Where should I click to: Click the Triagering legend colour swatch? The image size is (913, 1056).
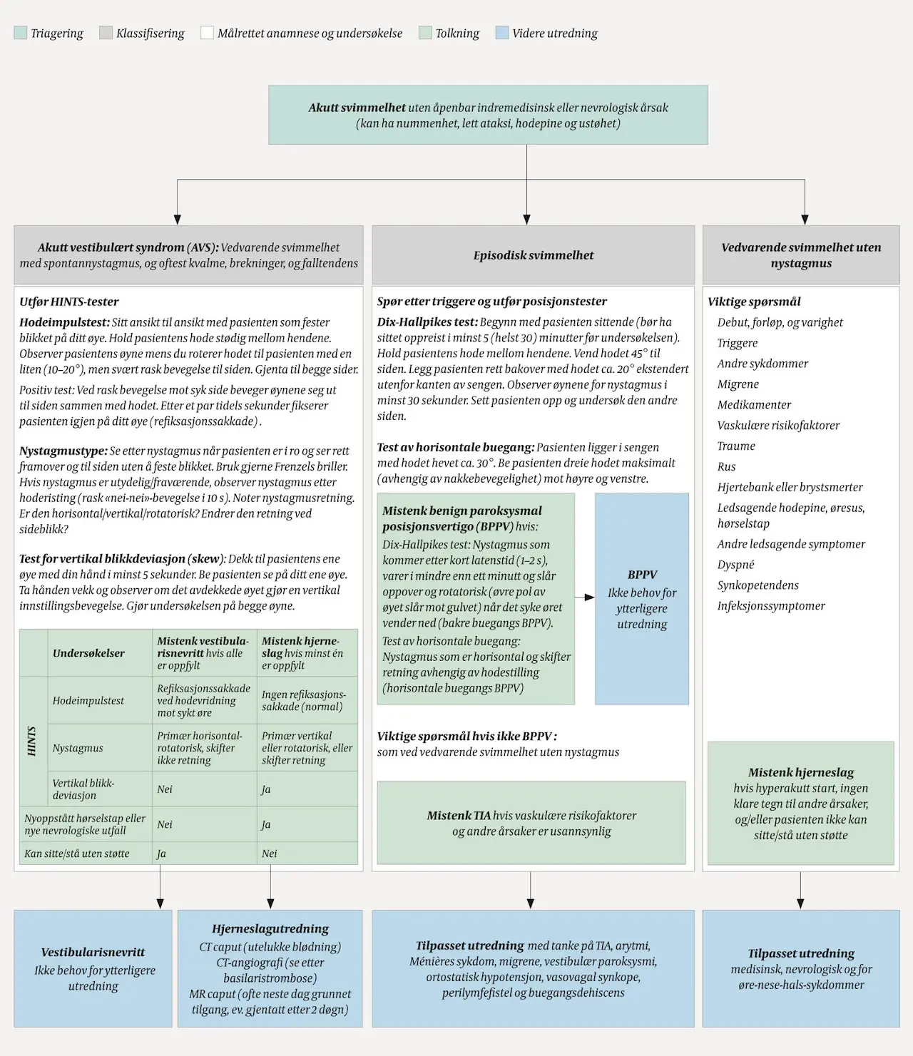pos(20,33)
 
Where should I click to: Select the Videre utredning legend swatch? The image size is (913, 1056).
pos(502,33)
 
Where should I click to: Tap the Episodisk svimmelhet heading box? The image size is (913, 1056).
pos(533,255)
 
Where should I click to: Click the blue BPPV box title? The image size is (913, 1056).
pos(642,575)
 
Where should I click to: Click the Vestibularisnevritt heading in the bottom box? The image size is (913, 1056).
pos(93,952)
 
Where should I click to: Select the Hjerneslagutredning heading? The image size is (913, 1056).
pos(270,928)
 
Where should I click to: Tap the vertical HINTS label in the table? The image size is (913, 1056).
pos(31,741)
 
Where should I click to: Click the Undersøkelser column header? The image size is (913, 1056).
pos(88,653)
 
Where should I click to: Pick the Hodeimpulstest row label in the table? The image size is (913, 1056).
pos(88,701)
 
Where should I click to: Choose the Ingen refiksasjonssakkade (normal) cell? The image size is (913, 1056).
pos(304,700)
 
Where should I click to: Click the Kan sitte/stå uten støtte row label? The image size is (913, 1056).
pos(77,853)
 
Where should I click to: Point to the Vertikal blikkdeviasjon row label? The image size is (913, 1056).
pos(83,789)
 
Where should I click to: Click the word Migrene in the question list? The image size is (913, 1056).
pos(738,384)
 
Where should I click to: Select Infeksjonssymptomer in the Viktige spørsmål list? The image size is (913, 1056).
pos(771,606)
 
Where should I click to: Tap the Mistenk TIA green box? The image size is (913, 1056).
pos(531,823)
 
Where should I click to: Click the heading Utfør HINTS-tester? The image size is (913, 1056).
pos(69,302)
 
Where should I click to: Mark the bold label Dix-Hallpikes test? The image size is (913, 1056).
pos(427,322)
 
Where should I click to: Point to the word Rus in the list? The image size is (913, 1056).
pos(726,467)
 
